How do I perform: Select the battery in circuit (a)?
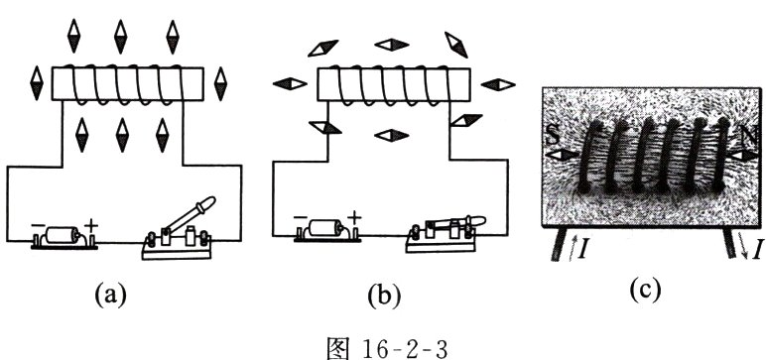click(64, 237)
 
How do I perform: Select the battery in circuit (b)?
click(327, 230)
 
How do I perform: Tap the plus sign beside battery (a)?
click(91, 226)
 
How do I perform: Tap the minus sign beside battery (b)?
click(301, 218)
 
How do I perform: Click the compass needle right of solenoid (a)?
click(221, 84)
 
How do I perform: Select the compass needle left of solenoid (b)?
click(290, 84)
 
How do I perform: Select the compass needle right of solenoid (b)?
click(498, 84)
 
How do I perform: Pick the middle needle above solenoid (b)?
click(392, 45)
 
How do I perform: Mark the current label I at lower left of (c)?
click(581, 250)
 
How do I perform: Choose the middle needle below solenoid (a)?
click(122, 135)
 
